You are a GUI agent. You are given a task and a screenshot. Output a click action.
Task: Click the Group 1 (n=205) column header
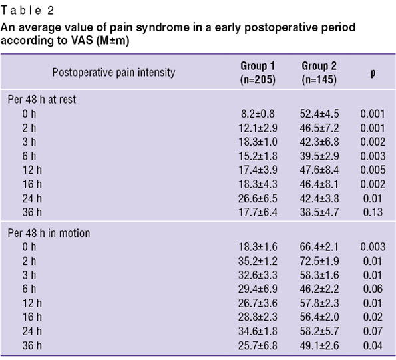[258, 73]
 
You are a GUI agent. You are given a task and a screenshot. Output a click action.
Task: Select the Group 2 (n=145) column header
[319, 73]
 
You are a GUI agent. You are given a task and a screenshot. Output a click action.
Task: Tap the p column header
[373, 73]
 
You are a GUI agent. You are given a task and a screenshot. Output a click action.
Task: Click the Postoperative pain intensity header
[114, 73]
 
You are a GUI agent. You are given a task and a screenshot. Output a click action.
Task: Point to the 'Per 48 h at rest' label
[42, 99]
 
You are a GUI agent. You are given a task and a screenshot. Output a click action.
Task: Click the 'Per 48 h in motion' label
[49, 233]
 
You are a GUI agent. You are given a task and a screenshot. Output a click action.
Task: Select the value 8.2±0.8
[258, 114]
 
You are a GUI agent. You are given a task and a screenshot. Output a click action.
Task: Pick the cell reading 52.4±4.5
[319, 114]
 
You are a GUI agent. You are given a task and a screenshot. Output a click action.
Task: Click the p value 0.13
[373, 212]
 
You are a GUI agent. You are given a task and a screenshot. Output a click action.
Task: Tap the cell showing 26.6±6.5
[258, 198]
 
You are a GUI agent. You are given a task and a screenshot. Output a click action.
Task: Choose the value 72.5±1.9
[319, 261]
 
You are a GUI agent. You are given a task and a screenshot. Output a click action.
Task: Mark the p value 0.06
[373, 289]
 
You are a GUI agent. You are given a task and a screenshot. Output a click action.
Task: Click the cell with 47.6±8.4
[319, 170]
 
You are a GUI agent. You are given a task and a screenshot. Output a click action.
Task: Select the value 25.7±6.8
[258, 345]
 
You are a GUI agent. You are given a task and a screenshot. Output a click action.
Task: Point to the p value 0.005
[373, 170]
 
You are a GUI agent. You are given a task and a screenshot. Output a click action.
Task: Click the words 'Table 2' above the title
[27, 11]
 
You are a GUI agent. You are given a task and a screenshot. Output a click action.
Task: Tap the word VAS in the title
[82, 41]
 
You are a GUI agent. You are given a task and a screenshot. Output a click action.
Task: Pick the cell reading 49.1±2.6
[319, 345]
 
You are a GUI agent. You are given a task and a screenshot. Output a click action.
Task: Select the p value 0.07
[373, 331]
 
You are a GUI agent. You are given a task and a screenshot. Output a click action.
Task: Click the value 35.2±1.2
[258, 261]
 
